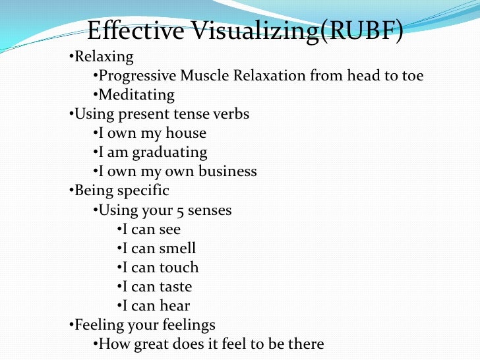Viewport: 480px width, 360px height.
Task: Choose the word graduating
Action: [170, 153]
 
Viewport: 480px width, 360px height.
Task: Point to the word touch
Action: [179, 268]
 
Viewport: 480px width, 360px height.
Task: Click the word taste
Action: [175, 287]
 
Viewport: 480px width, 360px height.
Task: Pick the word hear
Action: [175, 306]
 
